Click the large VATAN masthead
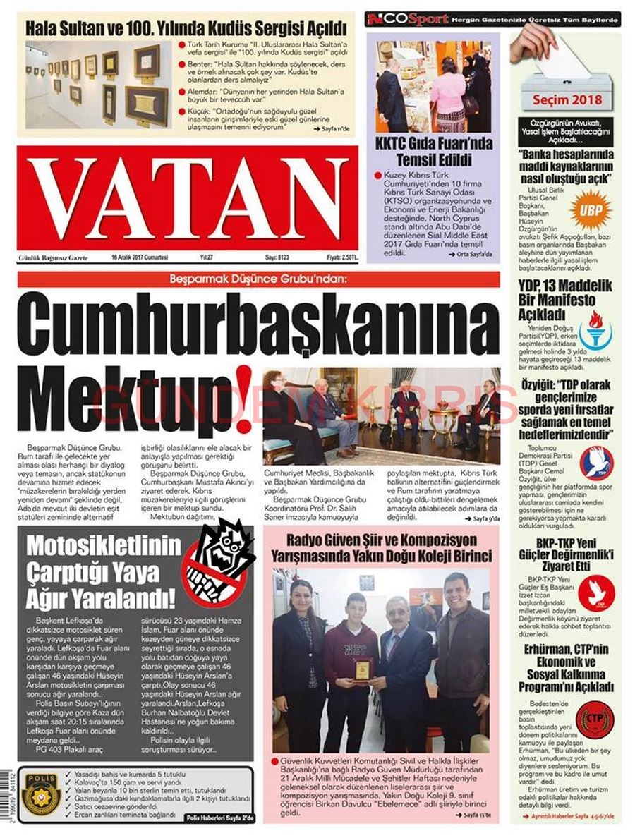click(x=188, y=198)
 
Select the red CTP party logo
click(x=594, y=720)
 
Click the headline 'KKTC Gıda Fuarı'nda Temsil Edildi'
click(x=433, y=151)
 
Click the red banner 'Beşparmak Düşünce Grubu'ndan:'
click(x=258, y=279)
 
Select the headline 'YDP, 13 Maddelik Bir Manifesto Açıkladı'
click(x=565, y=299)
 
